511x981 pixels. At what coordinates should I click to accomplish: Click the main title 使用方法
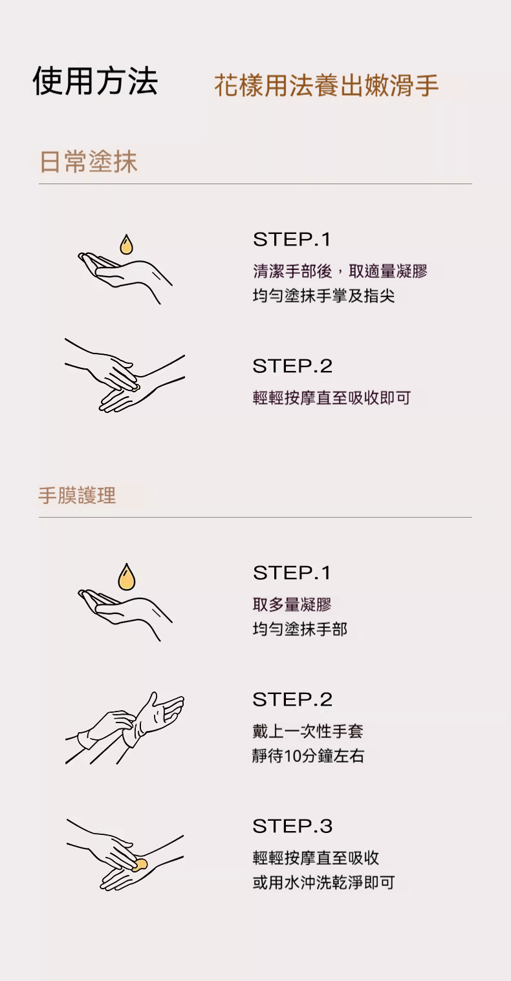tap(95, 81)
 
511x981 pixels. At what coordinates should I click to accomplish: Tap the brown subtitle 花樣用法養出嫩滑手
tap(326, 85)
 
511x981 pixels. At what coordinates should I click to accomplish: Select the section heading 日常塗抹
tap(89, 162)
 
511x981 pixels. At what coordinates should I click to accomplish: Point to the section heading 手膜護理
tap(77, 496)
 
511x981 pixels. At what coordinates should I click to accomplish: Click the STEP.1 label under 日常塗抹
tap(292, 240)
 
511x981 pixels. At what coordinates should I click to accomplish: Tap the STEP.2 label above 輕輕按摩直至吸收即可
tap(292, 366)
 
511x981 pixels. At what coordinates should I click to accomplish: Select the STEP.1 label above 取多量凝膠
tap(292, 573)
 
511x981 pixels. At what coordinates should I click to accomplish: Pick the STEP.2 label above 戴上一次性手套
tap(292, 699)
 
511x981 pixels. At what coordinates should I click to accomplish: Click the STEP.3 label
tap(292, 826)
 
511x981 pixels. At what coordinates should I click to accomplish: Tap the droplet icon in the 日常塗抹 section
tap(126, 245)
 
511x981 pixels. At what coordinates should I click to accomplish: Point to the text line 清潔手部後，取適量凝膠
tap(340, 271)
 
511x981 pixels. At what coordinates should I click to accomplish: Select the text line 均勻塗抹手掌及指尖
tap(323, 296)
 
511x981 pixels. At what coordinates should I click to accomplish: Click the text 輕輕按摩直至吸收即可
tap(331, 398)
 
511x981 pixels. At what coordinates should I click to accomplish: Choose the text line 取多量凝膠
tap(292, 605)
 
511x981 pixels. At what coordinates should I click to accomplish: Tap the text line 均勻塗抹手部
tap(299, 629)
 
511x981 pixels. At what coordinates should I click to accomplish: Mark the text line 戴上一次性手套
tap(308, 732)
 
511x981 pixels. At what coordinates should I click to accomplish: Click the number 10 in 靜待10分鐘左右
tap(292, 756)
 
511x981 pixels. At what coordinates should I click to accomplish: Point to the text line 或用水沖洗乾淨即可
tap(323, 883)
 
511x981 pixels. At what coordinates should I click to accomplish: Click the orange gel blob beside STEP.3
tap(140, 865)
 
